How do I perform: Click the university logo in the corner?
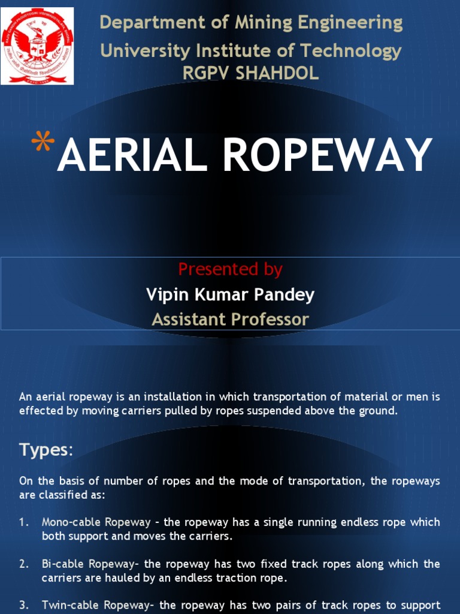[x=37, y=46]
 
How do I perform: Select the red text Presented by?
[x=230, y=269]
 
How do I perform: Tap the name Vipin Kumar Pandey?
[x=230, y=294]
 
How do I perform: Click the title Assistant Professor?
[x=230, y=319]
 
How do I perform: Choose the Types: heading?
[x=46, y=450]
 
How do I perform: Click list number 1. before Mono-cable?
[x=24, y=522]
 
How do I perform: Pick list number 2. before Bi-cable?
[x=24, y=564]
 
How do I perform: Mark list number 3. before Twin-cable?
[x=24, y=606]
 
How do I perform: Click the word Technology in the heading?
[x=350, y=51]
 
